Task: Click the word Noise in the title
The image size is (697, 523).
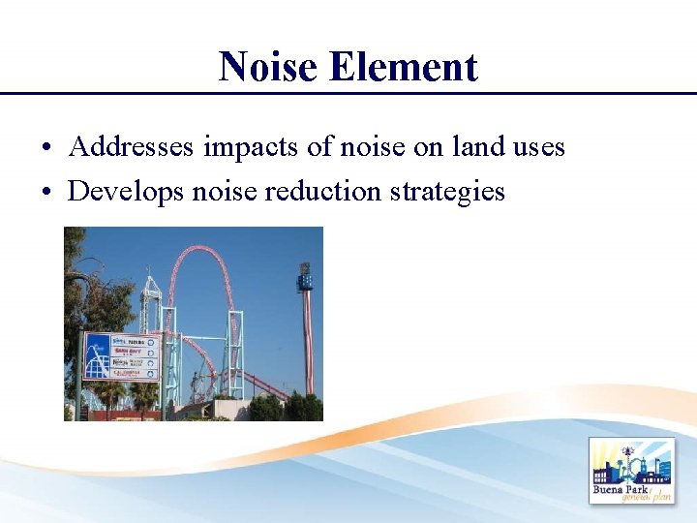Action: pyautogui.click(x=268, y=67)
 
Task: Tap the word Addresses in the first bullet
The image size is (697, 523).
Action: pyautogui.click(x=133, y=147)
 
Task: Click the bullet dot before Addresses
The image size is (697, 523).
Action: pyautogui.click(x=46, y=149)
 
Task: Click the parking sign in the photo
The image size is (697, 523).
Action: pyautogui.click(x=122, y=354)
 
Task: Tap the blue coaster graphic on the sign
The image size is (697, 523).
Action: pyautogui.click(x=97, y=355)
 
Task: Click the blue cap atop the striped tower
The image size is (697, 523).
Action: pyautogui.click(x=305, y=279)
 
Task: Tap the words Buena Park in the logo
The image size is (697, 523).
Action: pyautogui.click(x=619, y=488)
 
